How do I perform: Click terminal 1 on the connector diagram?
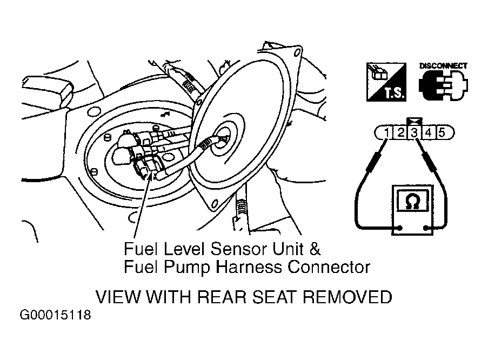[386, 133]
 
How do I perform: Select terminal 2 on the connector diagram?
[400, 133]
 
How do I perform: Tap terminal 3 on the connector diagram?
[415, 133]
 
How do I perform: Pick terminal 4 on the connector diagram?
[428, 133]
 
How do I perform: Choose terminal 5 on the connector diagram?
[442, 133]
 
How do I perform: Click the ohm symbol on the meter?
[413, 201]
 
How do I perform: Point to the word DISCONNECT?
[443, 66]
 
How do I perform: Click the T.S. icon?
[386, 82]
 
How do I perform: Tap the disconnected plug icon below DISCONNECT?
[443, 85]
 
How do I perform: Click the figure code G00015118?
[56, 315]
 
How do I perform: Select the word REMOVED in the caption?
[347, 297]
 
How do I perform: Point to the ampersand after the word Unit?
[315, 249]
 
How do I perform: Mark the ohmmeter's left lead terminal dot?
[400, 228]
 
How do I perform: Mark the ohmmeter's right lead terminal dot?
[425, 228]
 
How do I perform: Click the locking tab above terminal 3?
[415, 122]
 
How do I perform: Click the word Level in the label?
[184, 249]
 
